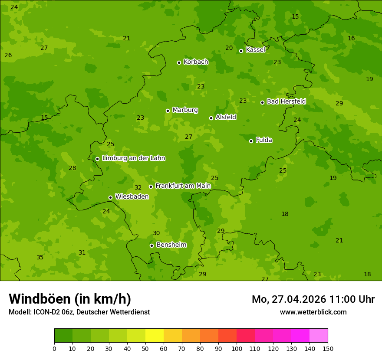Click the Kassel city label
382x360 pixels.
click(x=255, y=50)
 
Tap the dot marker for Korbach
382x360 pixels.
click(x=179, y=62)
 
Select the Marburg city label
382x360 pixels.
click(x=185, y=110)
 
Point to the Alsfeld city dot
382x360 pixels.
click(x=211, y=118)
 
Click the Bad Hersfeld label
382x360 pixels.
click(x=286, y=101)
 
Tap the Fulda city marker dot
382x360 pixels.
click(x=251, y=141)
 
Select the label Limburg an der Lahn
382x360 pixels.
click(x=133, y=158)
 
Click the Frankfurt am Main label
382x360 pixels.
click(x=183, y=186)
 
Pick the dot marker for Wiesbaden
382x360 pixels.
click(x=110, y=197)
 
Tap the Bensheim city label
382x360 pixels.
click(x=171, y=245)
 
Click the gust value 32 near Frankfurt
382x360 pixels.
click(x=138, y=188)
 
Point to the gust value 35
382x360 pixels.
click(x=40, y=258)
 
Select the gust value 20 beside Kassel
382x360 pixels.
click(x=229, y=48)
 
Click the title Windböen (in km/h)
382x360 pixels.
click(x=70, y=299)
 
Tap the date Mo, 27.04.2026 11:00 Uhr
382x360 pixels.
click(x=313, y=299)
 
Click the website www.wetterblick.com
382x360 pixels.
click(x=313, y=312)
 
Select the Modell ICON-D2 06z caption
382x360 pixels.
click(x=79, y=312)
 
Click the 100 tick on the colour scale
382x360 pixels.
click(x=237, y=348)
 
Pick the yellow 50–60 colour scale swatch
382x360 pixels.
click(x=155, y=336)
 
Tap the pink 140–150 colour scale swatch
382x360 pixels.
click(x=319, y=336)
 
